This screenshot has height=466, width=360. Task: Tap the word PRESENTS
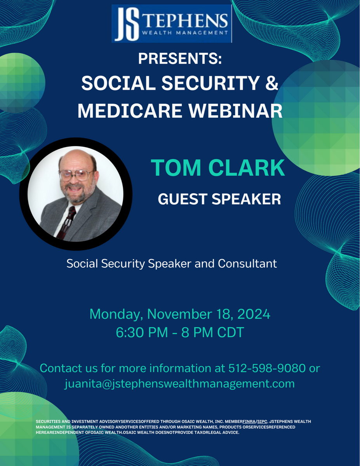(178, 58)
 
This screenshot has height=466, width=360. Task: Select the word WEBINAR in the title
(235, 111)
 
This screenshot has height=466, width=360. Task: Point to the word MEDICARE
(130, 111)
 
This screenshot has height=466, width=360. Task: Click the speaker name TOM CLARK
(218, 167)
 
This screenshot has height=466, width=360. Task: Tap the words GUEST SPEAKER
(219, 199)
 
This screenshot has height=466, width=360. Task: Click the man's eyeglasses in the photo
(77, 175)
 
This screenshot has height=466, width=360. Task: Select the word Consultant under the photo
(247, 263)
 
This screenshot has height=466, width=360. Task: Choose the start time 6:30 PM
(142, 332)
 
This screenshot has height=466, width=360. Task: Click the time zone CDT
(231, 332)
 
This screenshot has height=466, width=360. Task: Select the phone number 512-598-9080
(267, 368)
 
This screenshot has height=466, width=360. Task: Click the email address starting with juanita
(180, 384)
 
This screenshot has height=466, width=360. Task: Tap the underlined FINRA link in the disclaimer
(249, 421)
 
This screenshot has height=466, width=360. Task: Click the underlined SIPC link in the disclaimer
(262, 421)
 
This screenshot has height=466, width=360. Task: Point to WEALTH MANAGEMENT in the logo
(185, 33)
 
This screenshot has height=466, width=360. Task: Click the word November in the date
(180, 314)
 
